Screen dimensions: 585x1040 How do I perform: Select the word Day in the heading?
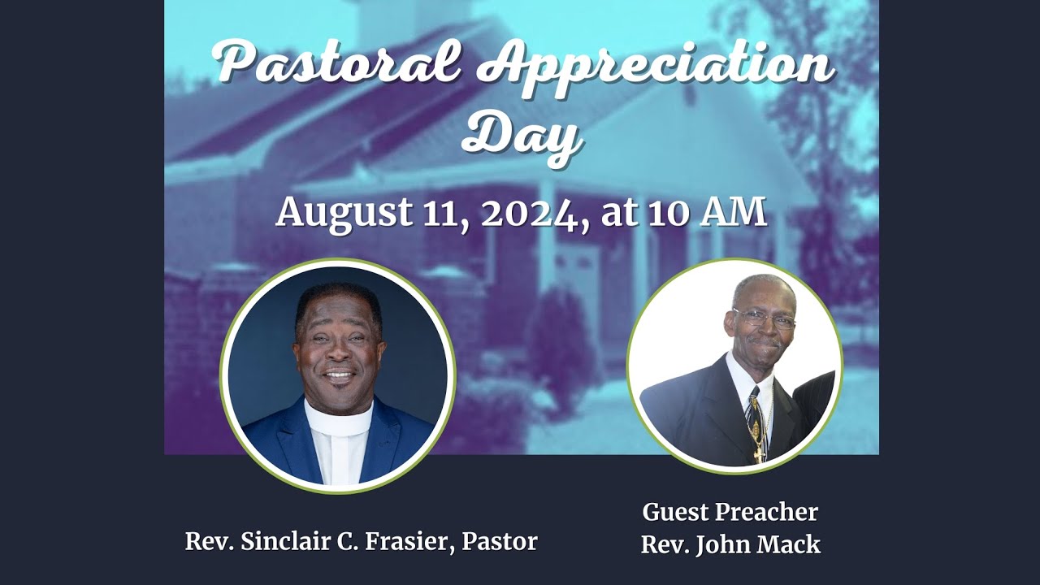tap(522, 134)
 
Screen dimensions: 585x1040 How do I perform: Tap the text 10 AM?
tap(707, 212)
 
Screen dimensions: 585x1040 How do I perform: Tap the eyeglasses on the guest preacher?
tap(764, 318)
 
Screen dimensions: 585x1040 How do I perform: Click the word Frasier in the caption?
tap(410, 542)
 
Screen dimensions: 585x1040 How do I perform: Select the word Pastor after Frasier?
tap(499, 542)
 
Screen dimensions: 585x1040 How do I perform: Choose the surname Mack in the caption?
tap(793, 544)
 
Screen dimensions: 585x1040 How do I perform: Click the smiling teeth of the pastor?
tap(339, 375)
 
